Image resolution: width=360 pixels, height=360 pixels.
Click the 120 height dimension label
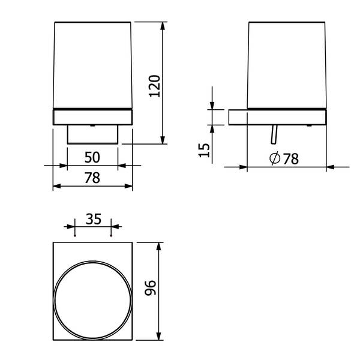(155, 86)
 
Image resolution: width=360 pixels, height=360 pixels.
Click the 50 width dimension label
(92, 157)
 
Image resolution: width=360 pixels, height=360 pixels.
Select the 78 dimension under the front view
(92, 178)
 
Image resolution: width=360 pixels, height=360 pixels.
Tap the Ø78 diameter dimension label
(284, 158)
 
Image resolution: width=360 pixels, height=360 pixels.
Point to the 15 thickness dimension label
(204, 150)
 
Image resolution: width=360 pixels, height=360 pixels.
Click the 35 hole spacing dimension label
(94, 219)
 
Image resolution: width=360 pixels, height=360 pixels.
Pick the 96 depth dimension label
(151, 287)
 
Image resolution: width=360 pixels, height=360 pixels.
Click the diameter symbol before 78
(275, 158)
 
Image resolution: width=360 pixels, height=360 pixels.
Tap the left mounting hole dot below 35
(75, 236)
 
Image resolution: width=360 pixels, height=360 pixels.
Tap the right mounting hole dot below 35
(111, 236)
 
